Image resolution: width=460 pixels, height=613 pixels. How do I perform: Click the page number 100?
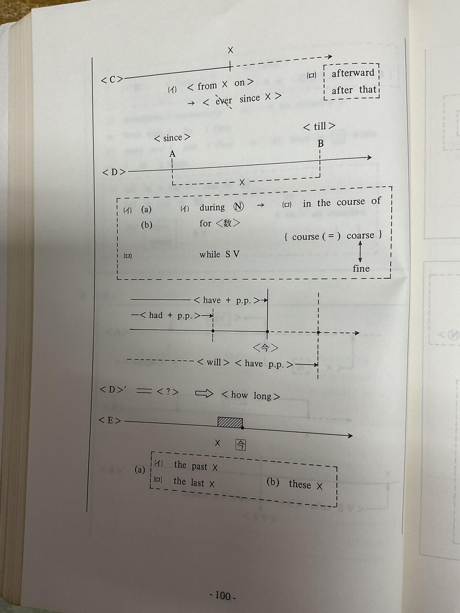[223, 596]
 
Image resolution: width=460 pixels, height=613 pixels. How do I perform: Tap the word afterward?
[353, 73]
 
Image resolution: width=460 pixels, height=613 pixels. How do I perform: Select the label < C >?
[112, 79]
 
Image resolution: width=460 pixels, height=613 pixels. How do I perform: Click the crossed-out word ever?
[224, 101]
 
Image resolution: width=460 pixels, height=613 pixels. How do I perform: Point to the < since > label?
[172, 138]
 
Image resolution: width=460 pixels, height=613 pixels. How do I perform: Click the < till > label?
[319, 126]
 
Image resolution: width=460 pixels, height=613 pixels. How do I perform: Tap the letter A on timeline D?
[172, 154]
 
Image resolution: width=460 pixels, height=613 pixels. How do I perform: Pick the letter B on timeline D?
[321, 143]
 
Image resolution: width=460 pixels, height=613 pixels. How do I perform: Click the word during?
[212, 207]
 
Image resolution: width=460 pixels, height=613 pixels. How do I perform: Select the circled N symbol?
[238, 206]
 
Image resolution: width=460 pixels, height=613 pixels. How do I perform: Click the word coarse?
[360, 235]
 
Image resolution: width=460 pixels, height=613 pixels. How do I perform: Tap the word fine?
[361, 269]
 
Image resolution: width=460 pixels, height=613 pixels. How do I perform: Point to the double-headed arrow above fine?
[360, 251]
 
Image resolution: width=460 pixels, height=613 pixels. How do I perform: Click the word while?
[210, 254]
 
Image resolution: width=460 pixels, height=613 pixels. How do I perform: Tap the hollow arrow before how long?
[204, 393]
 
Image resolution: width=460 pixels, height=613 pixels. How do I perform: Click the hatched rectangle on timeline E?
[230, 421]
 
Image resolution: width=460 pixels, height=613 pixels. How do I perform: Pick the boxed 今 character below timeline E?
[240, 444]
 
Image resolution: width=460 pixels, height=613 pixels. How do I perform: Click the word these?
[299, 484]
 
